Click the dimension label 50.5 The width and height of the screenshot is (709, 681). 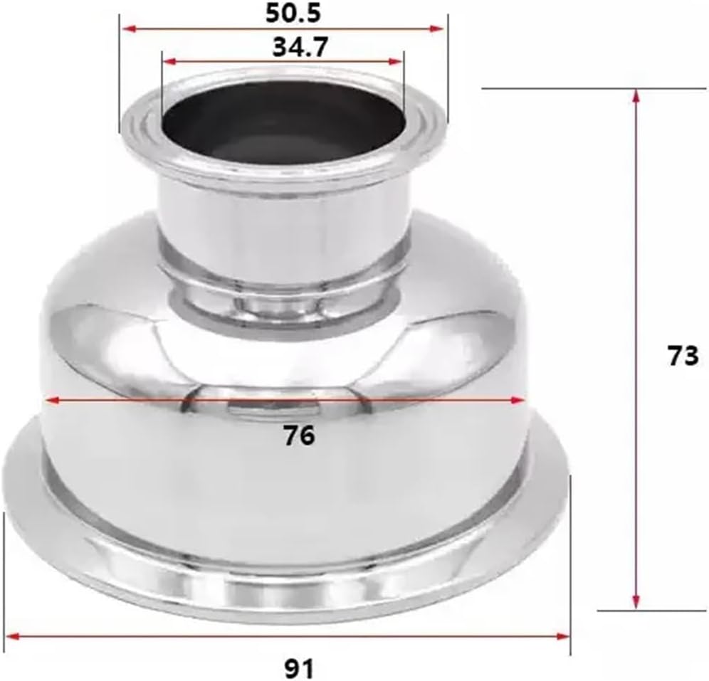tap(283, 13)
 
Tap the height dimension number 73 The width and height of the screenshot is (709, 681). tap(683, 355)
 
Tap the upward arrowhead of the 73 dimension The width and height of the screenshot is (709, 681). tap(636, 95)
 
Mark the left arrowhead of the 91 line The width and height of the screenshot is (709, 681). tap(11, 635)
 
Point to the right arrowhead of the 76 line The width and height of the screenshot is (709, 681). tap(519, 401)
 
